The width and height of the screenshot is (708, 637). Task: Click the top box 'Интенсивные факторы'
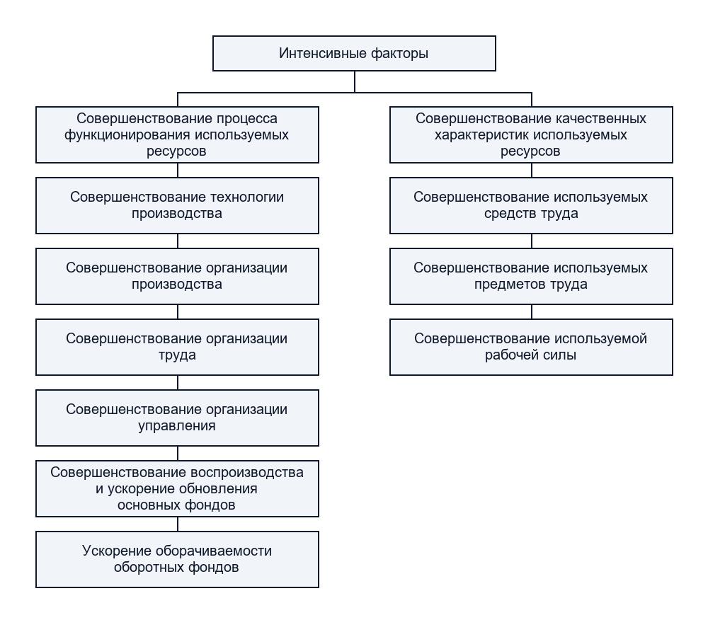click(354, 53)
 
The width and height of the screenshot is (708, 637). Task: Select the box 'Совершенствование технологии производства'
click(177, 205)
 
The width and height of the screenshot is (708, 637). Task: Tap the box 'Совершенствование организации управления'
click(177, 418)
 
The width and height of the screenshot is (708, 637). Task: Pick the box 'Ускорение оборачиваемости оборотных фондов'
click(177, 559)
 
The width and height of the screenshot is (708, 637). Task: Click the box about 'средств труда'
click(531, 205)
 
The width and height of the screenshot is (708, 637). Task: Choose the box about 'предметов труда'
click(531, 276)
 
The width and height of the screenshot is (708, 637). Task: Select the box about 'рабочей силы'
click(531, 348)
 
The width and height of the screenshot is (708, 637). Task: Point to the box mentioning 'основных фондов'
click(177, 488)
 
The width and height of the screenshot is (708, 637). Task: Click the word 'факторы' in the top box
click(399, 53)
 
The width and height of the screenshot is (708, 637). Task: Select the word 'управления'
click(177, 425)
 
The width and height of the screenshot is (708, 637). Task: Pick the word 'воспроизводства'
click(246, 472)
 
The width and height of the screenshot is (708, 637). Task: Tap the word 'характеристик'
click(481, 135)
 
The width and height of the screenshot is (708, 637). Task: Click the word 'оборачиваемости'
click(214, 551)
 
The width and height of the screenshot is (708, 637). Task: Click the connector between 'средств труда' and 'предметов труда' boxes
click(532, 241)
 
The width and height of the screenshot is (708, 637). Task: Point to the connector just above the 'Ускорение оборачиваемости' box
click(178, 524)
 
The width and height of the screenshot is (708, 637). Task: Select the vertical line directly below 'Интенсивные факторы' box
click(355, 81)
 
